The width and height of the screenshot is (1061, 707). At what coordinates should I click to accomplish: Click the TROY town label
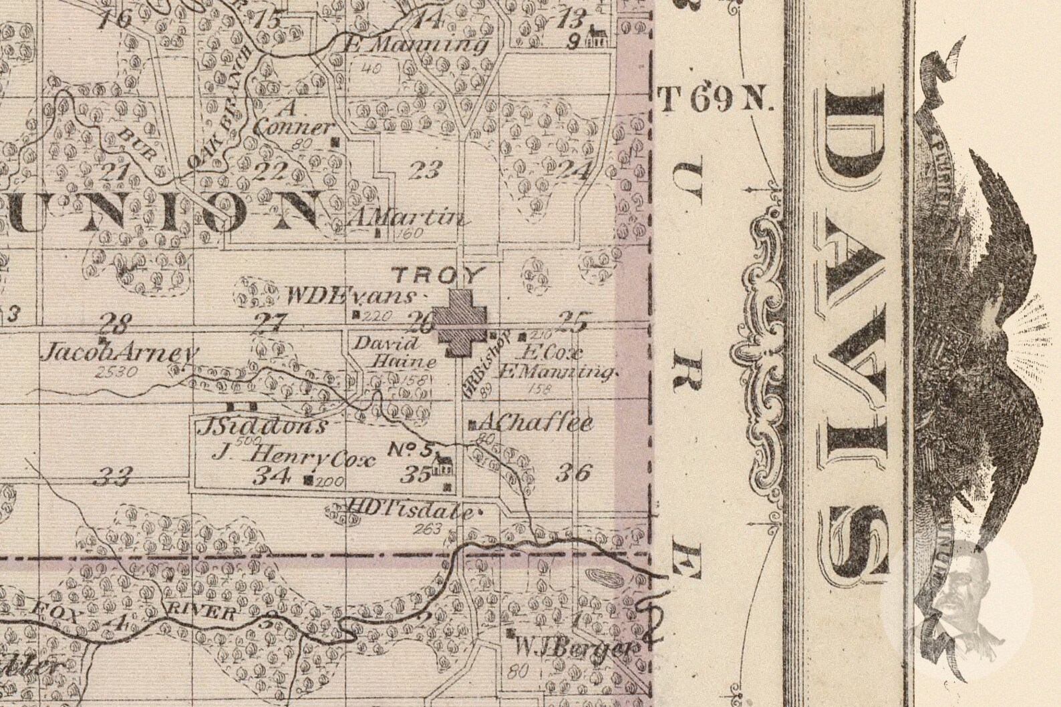coord(446,274)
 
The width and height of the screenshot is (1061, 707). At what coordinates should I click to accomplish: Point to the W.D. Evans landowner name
coord(351,296)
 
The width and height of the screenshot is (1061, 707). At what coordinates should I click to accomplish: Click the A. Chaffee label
coord(535,423)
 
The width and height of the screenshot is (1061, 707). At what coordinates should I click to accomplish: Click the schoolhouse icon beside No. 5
coord(442,464)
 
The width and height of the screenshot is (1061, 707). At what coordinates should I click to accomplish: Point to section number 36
coord(574,473)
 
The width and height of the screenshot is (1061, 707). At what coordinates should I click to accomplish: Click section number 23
coord(425,172)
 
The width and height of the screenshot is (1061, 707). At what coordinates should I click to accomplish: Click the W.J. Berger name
coord(574,648)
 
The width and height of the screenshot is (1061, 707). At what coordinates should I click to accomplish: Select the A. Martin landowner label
coord(405,218)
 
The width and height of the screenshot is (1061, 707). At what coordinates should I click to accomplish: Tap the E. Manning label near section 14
coord(414,45)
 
